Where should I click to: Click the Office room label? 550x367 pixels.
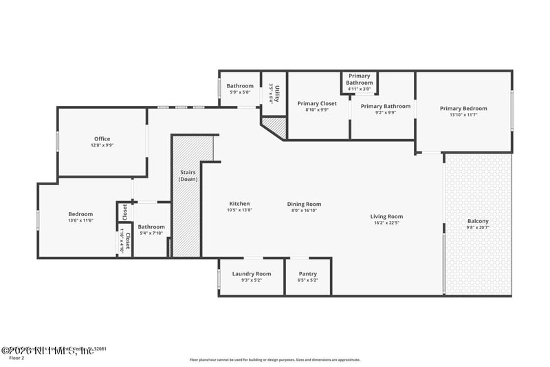pos(102,139)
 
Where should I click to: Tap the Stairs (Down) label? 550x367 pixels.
pos(188,176)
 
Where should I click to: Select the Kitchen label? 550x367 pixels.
pos(239,204)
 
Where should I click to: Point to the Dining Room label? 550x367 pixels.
pos(304,204)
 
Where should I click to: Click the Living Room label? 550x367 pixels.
pos(386,216)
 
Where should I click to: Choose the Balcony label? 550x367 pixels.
pos(478,221)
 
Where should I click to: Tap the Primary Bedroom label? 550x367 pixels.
pos(463,108)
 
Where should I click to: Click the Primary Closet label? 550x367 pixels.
pos(318,103)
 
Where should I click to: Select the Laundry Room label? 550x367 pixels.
pos(252,273)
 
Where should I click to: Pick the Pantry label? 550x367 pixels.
pos(307,273)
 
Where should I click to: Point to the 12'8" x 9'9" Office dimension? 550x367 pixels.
pos(102,145)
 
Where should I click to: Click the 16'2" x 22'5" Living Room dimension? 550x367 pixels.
pos(386,222)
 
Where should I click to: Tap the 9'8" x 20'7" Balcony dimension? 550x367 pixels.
pos(478,227)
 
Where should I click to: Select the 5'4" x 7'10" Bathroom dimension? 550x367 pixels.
pos(151,233)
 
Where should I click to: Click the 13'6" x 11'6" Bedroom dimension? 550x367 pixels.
pos(80,220)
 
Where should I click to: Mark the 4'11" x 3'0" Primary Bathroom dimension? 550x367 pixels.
pos(359,89)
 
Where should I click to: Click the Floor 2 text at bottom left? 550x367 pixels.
pos(17,358)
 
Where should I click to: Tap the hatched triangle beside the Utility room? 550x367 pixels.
pos(276,125)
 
